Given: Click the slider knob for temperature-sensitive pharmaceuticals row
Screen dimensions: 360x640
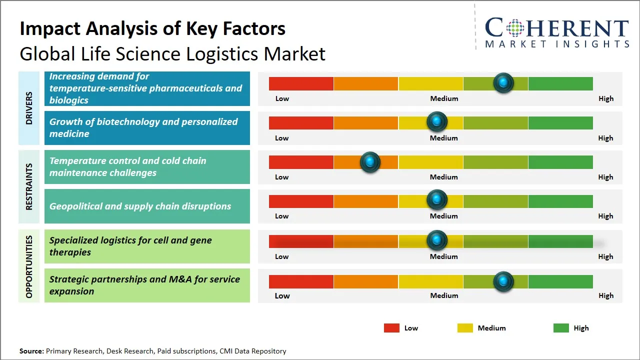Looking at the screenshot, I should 503,82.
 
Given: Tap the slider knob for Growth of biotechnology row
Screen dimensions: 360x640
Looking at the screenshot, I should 437,121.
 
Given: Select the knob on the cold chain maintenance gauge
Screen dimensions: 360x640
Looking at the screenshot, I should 370,161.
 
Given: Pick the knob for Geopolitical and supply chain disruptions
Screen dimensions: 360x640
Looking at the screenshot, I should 437,199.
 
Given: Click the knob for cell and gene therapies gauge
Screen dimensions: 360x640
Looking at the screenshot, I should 437,240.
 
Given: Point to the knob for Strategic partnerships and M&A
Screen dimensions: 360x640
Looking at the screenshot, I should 503,281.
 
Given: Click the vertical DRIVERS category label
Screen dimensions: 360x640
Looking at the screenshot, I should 29,108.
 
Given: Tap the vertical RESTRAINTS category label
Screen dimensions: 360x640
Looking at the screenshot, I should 29,186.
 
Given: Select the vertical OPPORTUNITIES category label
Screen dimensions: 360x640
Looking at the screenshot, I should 29,266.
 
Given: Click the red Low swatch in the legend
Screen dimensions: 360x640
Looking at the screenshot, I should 391,328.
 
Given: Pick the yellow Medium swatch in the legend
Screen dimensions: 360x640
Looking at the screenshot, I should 465,328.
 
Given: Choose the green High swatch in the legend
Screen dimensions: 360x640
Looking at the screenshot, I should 561,328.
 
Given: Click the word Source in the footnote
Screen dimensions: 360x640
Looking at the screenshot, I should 31,351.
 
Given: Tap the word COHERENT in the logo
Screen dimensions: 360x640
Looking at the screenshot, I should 556,28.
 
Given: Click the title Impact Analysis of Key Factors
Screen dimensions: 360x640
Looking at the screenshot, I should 152,28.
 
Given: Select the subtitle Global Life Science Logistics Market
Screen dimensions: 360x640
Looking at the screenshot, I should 172,53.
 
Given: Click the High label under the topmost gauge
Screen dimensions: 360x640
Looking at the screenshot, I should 605,98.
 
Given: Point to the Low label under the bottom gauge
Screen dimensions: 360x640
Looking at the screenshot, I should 282,295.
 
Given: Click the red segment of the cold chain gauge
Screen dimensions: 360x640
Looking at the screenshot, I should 301,162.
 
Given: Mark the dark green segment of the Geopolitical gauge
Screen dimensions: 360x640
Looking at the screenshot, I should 560,201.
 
